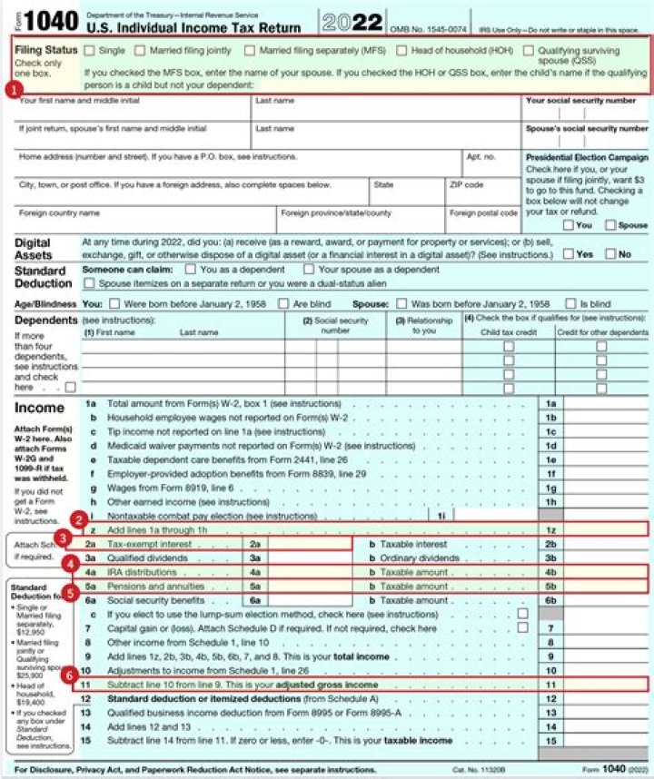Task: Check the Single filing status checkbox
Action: click(x=90, y=51)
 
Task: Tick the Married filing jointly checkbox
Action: click(x=143, y=51)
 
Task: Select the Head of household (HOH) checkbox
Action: click(x=401, y=51)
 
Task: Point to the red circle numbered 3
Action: click(x=63, y=537)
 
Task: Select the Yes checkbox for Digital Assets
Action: click(x=568, y=254)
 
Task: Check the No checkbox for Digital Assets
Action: click(x=610, y=254)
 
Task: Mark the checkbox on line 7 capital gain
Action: click(x=522, y=627)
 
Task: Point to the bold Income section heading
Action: click(x=39, y=408)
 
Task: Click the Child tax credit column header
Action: click(x=508, y=332)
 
